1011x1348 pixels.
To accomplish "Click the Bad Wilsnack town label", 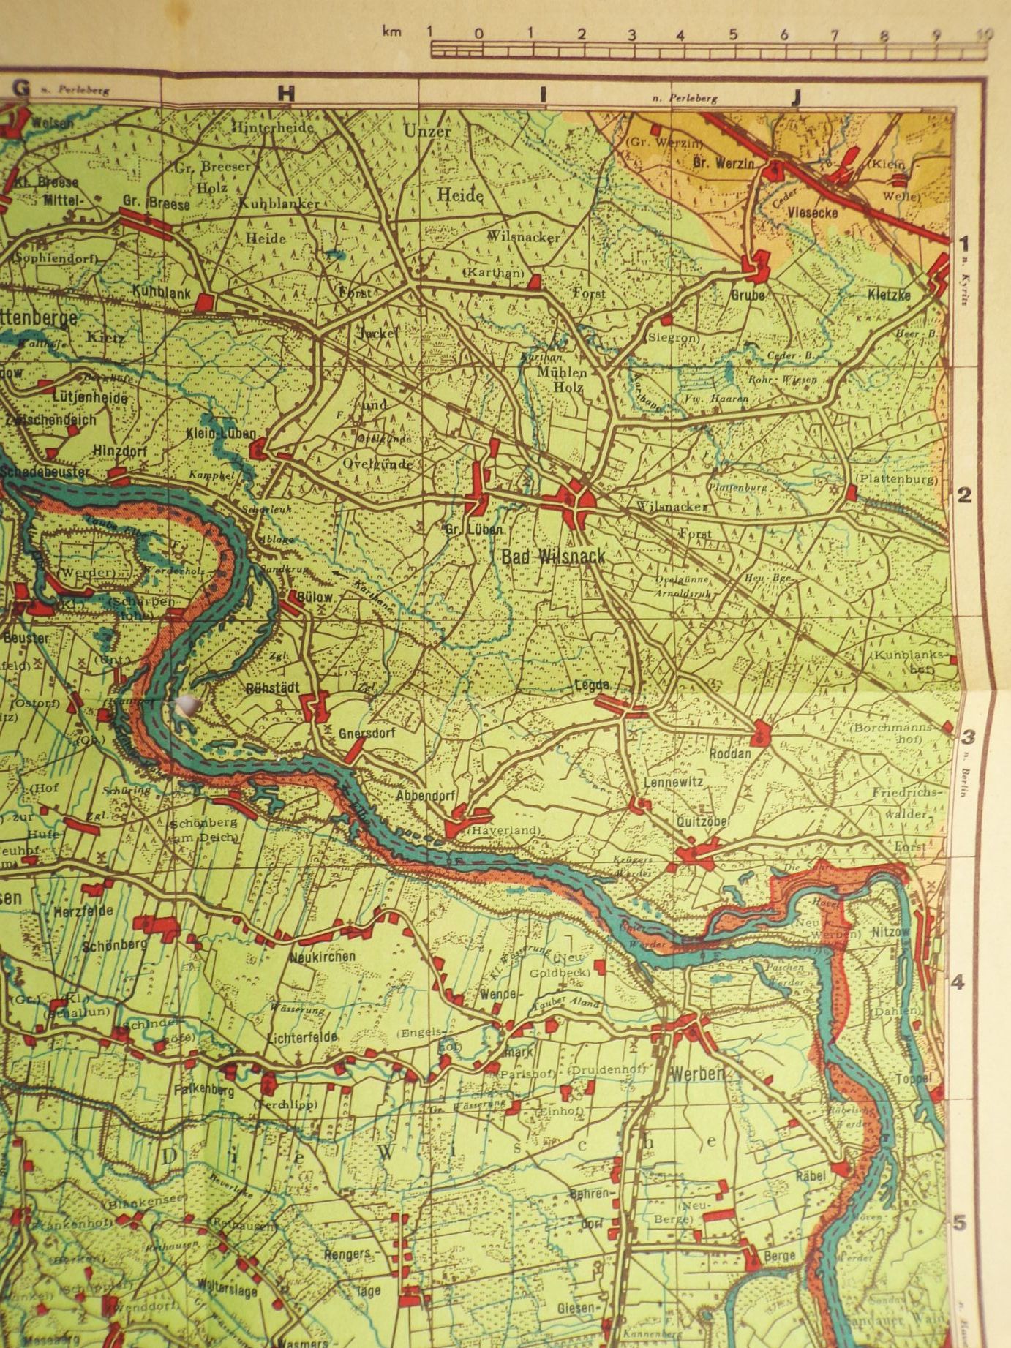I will click(553, 556).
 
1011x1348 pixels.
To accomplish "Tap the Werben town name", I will click(697, 1074).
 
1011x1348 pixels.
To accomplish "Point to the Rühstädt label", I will click(269, 688).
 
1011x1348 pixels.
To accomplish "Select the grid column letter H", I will click(285, 93).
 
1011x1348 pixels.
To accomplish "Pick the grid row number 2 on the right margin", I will click(965, 495).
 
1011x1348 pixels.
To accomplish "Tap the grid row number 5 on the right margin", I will click(960, 1223).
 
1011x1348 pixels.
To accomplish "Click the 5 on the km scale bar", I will click(733, 34).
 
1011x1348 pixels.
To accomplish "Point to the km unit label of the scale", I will click(391, 32).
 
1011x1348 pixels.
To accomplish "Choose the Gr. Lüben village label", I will click(473, 529).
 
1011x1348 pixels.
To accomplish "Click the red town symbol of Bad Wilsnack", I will click(577, 501).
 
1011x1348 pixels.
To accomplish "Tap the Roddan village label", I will click(732, 753).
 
